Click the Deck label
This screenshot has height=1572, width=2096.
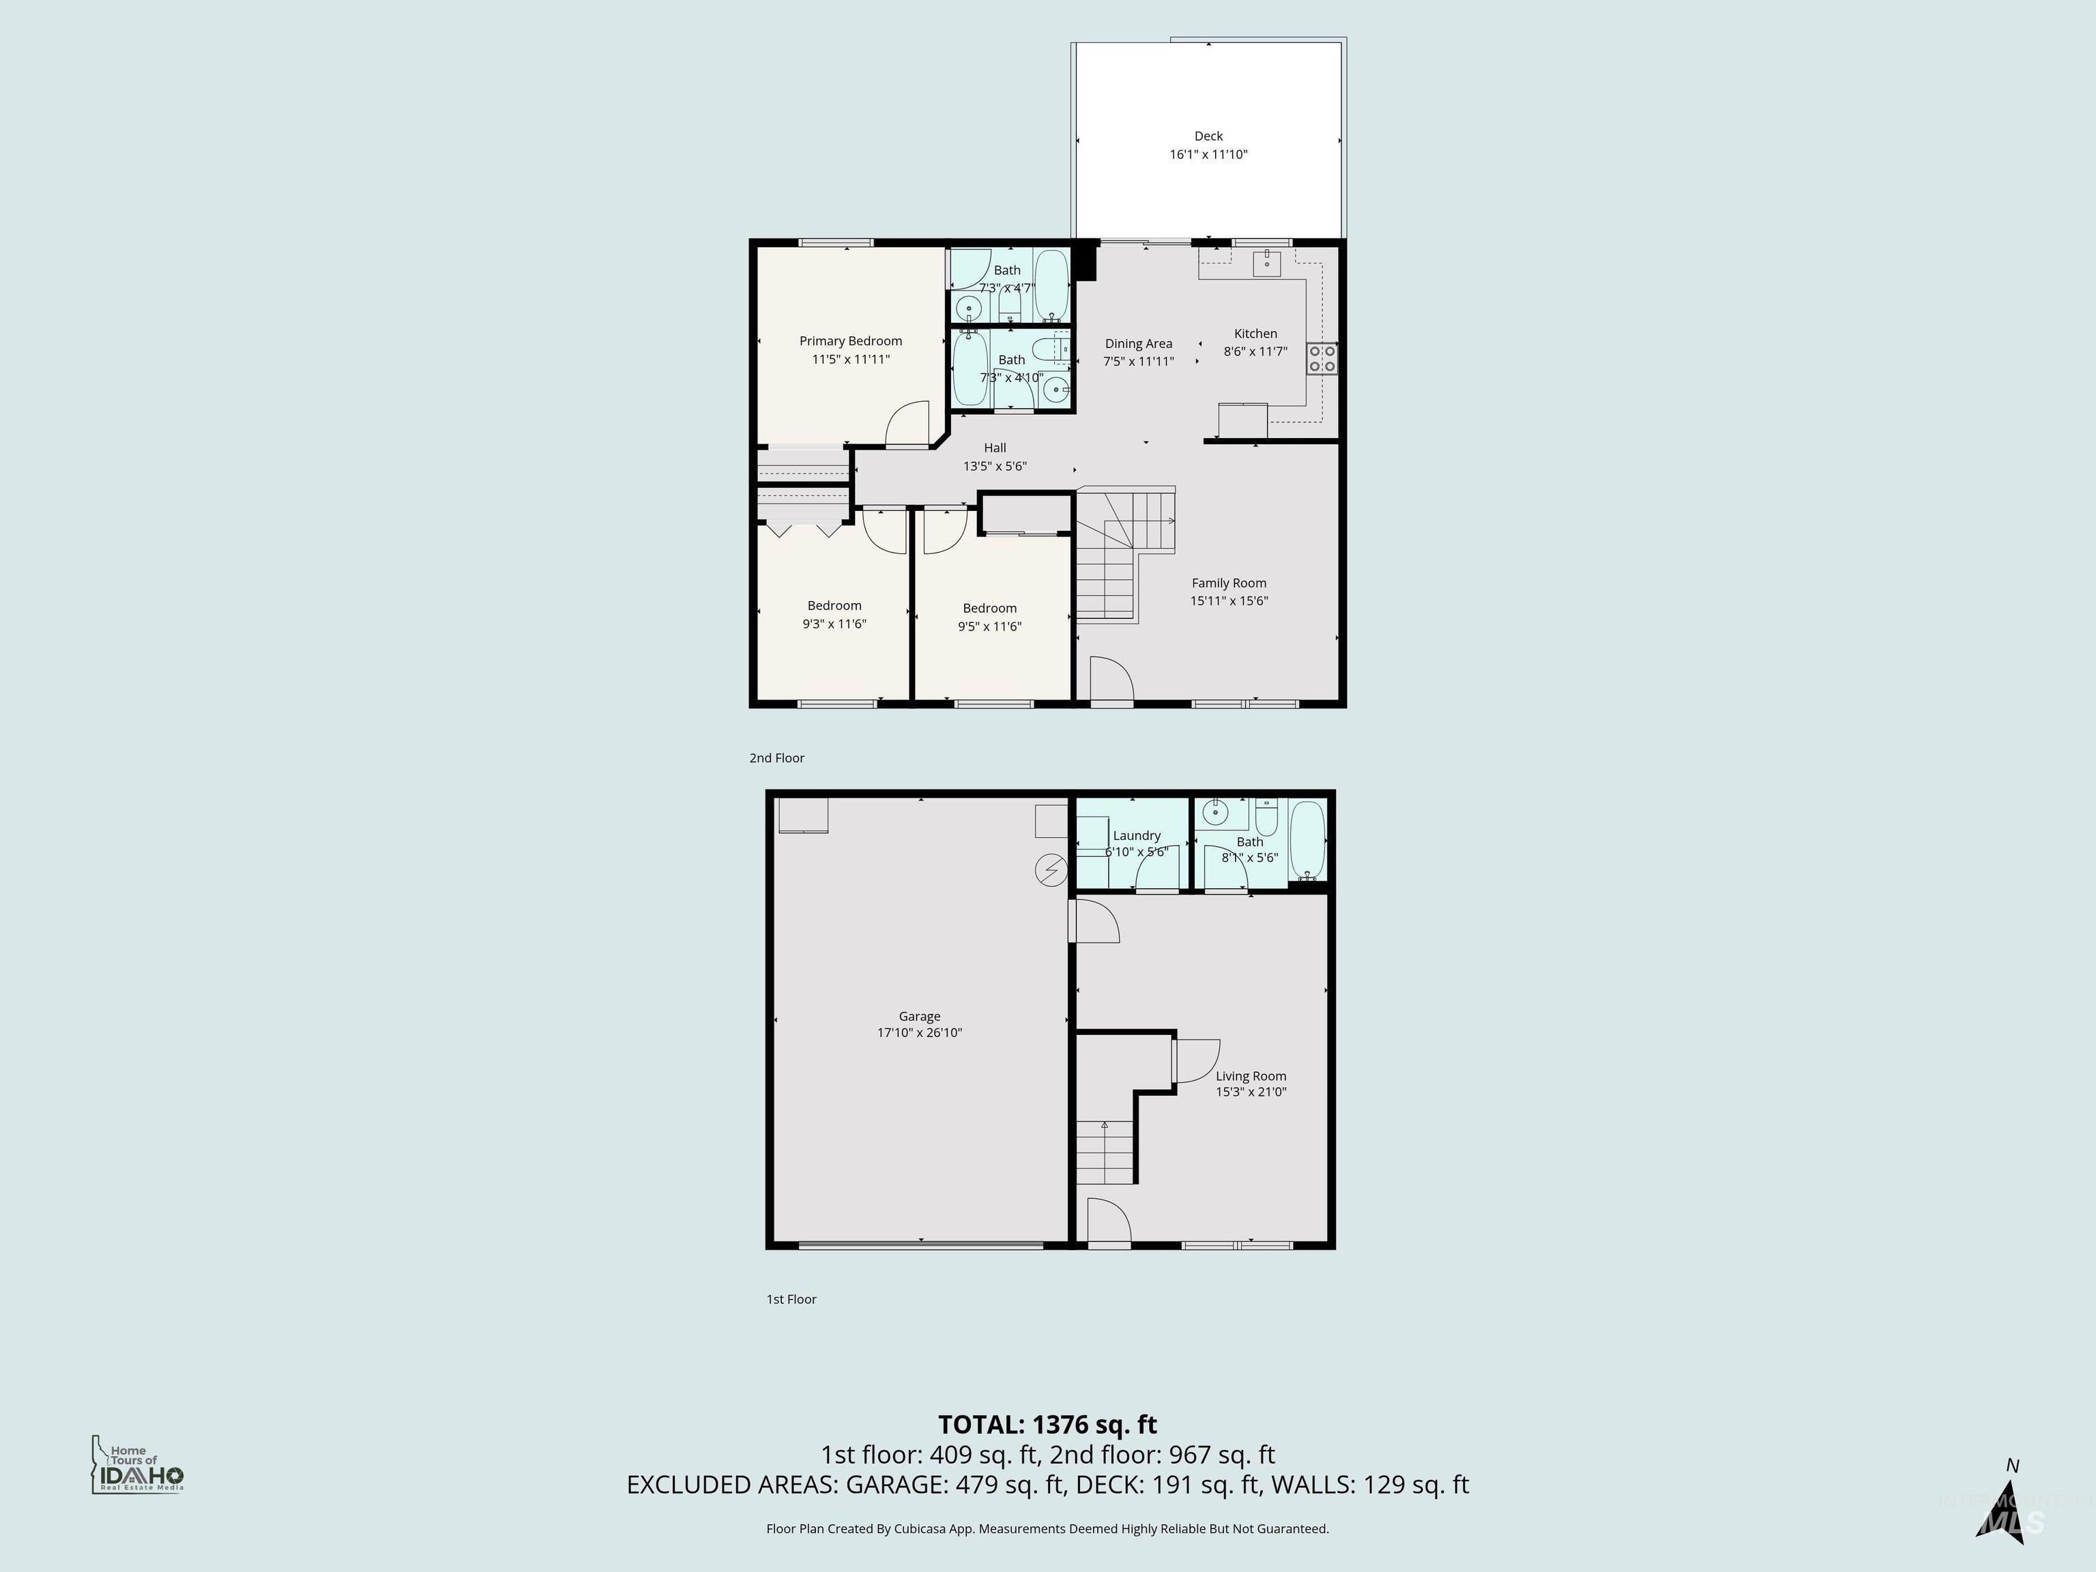click(x=1208, y=136)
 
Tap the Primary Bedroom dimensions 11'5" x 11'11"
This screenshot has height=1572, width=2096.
click(x=850, y=359)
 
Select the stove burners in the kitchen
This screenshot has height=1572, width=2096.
click(x=1322, y=358)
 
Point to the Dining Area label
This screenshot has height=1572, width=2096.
click(x=1138, y=344)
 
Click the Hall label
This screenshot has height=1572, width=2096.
click(x=994, y=448)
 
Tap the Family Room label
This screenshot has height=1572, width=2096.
click(x=1228, y=583)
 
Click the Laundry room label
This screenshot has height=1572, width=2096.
click(x=1136, y=836)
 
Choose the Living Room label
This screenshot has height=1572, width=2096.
click(x=1251, y=1075)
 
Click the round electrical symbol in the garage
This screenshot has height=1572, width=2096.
click(x=1051, y=870)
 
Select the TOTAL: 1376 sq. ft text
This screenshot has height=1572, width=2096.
click(x=1047, y=1424)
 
